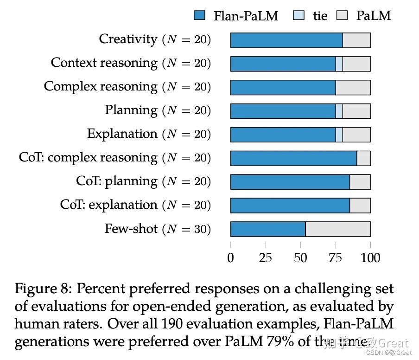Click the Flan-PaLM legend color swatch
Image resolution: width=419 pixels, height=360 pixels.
[x=199, y=16]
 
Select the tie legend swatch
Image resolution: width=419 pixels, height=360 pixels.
[x=299, y=16]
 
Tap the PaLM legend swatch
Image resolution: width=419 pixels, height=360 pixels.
[x=342, y=16]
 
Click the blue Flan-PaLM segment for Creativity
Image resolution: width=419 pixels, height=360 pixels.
[x=286, y=40]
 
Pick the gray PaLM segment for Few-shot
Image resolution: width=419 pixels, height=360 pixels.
[x=338, y=229]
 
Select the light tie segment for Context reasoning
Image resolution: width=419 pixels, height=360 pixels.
[x=339, y=64]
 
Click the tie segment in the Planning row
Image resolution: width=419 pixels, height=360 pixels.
[x=339, y=111]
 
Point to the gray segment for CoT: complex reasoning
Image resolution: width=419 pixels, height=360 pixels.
[x=364, y=158]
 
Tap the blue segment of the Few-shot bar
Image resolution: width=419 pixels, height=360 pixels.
[x=268, y=229]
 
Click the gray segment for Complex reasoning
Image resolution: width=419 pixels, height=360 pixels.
[x=353, y=88]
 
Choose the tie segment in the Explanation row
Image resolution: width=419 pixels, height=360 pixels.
[x=339, y=135]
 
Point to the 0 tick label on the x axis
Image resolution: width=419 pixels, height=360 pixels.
[x=231, y=258]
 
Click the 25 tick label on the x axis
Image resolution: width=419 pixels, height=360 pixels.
[x=266, y=258]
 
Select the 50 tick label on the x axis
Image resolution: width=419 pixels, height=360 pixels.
[x=300, y=258]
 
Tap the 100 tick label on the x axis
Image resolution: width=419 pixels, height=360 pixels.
[x=370, y=258]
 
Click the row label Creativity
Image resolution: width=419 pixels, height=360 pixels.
[x=128, y=39]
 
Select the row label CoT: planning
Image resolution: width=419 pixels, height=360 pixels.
[x=117, y=181]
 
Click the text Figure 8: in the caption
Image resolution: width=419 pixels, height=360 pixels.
[x=43, y=289]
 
